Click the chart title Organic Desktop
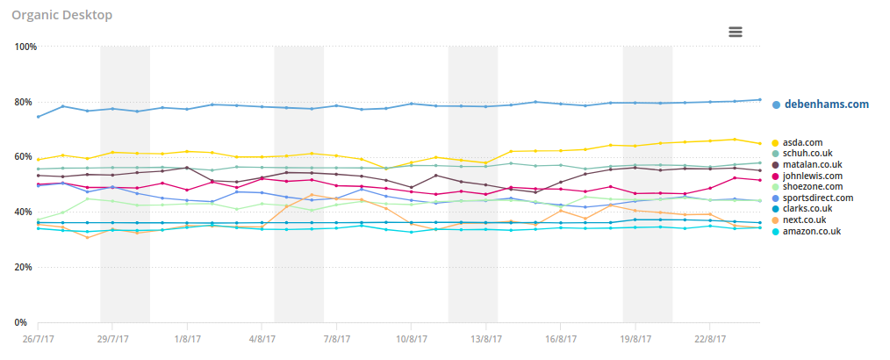pos(61,14)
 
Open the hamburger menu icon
pos(736,32)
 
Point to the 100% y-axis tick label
pos(25,47)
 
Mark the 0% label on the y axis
pos(30,322)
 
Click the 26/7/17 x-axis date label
pos(38,337)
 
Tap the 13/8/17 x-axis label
pos(485,337)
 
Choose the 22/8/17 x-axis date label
pos(709,337)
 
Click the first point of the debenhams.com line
pos(38,117)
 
